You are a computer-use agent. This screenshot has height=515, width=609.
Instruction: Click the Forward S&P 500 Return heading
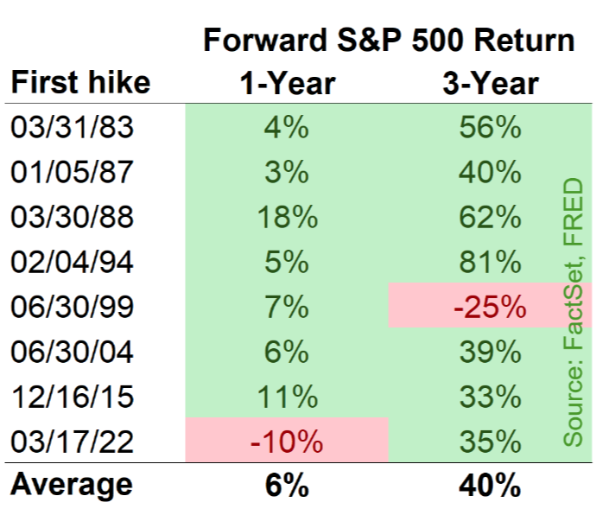click(389, 40)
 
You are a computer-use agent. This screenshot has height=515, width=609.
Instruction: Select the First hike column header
click(81, 83)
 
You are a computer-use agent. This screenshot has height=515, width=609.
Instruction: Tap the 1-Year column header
click(288, 84)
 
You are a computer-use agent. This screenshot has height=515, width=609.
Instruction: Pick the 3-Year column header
click(491, 84)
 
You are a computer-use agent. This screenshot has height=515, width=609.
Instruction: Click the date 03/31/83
click(73, 127)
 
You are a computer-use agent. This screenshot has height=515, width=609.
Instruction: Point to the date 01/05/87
click(73, 172)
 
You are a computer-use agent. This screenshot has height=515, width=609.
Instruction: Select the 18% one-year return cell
click(288, 217)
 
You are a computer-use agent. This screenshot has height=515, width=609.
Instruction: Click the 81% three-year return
click(490, 262)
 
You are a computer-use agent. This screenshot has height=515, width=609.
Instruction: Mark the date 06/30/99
click(73, 307)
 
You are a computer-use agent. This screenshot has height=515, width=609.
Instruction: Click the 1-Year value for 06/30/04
click(287, 352)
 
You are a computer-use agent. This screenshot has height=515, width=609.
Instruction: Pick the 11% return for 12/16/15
click(288, 397)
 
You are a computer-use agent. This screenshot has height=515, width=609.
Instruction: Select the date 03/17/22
click(73, 442)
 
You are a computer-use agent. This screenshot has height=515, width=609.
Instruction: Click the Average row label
click(72, 485)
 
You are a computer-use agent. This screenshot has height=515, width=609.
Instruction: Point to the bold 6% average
click(287, 486)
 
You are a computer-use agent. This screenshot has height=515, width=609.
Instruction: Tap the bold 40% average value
click(490, 486)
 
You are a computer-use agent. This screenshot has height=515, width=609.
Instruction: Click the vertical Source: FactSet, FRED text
click(573, 312)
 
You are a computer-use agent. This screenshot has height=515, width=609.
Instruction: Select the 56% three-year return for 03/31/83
click(490, 127)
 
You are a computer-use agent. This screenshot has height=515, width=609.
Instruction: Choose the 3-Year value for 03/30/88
click(490, 217)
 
